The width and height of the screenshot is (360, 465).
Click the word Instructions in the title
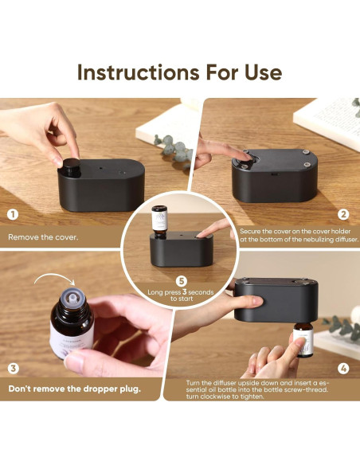pos(139,72)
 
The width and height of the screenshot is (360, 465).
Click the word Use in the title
pos(264,72)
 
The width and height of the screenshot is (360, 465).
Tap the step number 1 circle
pos(13,214)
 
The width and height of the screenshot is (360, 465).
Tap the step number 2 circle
pos(343,214)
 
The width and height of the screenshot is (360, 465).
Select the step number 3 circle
pos(13,369)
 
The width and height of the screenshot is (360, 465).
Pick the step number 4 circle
pos(343,369)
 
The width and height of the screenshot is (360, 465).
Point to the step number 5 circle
pos(182,281)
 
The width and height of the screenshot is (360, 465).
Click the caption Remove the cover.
pos(43,237)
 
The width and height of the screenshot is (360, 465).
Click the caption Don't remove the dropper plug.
pos(74,389)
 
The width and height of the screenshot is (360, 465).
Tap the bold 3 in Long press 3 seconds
pos(185,291)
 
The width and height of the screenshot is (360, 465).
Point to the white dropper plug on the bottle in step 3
pos(71,297)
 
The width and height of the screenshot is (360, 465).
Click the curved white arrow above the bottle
pos(54,279)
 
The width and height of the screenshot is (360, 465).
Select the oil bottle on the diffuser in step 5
pos(159,222)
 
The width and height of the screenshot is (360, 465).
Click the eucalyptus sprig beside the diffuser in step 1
pos(174,149)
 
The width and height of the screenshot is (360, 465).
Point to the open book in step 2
pos(327,123)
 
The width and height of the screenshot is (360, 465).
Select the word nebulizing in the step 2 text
pos(317,239)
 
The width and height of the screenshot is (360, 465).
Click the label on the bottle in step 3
pos(71,340)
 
